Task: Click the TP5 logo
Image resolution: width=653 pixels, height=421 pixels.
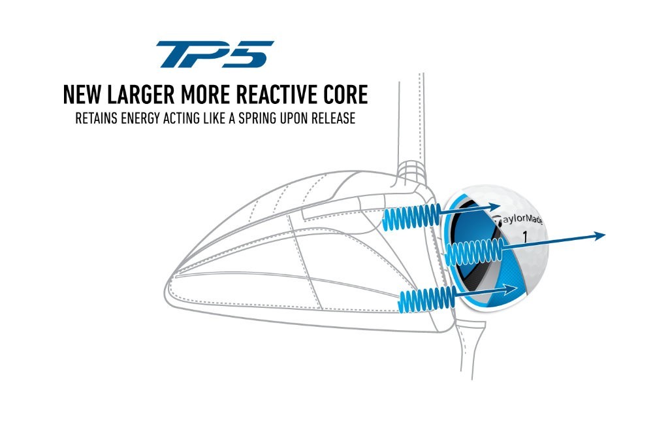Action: pos(214,54)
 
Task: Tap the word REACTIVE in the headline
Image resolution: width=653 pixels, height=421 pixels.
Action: pos(276,95)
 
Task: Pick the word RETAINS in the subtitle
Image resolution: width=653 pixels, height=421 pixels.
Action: pos(96,118)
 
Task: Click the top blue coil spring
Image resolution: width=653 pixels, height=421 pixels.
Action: pos(411,217)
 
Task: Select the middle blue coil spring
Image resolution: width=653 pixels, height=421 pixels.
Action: pos(475,252)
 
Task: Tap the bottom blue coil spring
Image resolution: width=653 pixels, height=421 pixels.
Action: pos(427,299)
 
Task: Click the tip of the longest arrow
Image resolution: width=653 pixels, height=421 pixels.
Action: pos(605,235)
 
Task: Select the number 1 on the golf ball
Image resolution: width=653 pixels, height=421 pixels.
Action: pos(524,237)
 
